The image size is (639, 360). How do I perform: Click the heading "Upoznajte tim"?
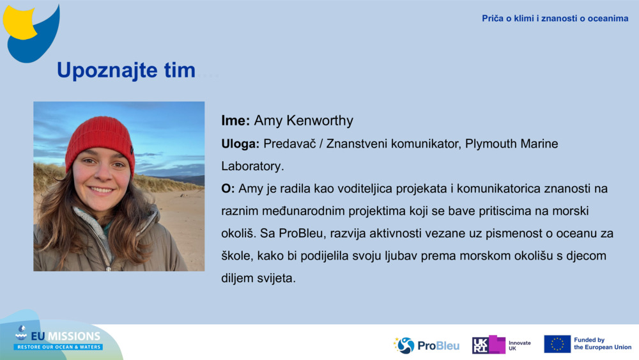pyautogui.click(x=126, y=70)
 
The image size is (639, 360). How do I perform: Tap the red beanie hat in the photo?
pyautogui.click(x=100, y=137)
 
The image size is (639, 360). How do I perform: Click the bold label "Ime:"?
pyautogui.click(x=235, y=121)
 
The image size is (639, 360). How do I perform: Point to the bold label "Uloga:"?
pyautogui.click(x=240, y=144)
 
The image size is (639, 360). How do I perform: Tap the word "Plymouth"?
pyautogui.click(x=493, y=144)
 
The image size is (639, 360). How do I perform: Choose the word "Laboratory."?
pyautogui.click(x=252, y=166)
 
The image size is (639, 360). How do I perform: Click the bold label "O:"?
pyautogui.click(x=228, y=189)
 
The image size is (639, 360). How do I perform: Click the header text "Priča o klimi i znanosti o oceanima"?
pyautogui.click(x=555, y=19)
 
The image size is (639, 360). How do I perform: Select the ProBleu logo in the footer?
pyautogui.click(x=426, y=345)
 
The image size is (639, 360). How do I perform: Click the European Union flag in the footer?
pyautogui.click(x=557, y=344)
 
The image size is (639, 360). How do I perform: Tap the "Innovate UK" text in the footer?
pyautogui.click(x=520, y=345)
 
